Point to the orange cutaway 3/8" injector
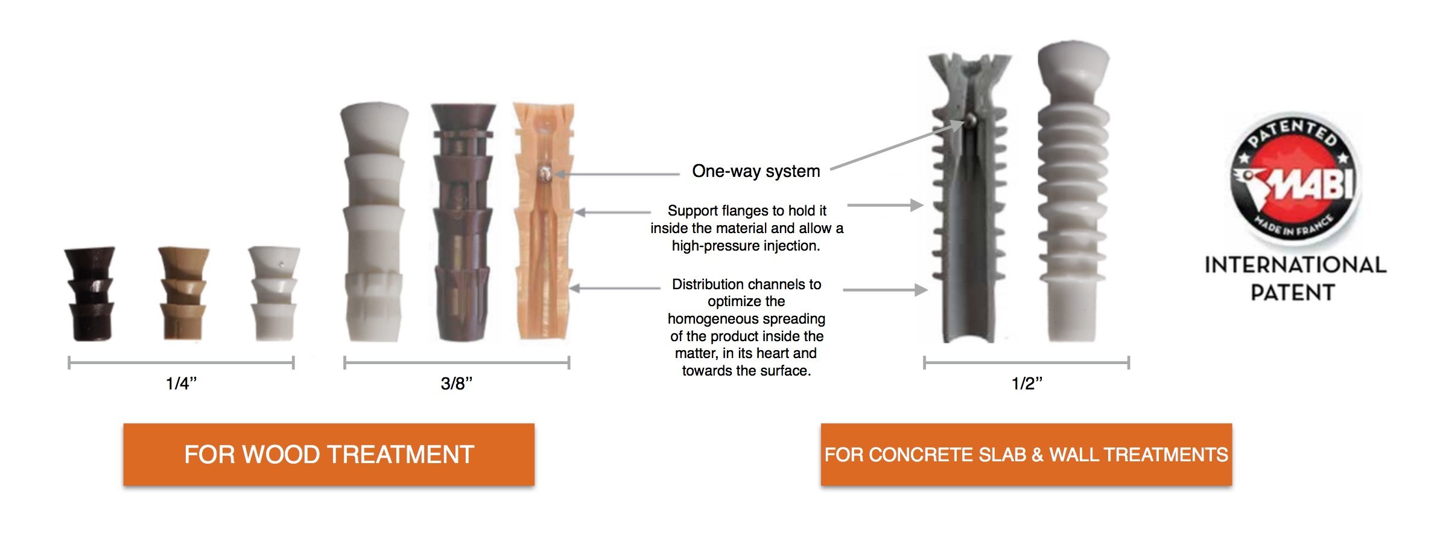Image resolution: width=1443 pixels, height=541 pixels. pos(542,223)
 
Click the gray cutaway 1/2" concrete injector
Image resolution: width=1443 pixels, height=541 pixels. pos(968,199)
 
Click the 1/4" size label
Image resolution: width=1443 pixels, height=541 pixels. pos(181,383)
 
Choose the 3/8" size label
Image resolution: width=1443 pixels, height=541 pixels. pos(456,383)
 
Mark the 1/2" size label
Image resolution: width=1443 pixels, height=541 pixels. pos(1027,383)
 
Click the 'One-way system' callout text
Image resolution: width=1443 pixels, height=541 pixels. pos(756,171)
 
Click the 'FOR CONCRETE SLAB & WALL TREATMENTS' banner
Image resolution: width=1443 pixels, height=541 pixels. pos(1026,455)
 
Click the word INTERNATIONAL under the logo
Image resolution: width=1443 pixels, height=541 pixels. pos(1295,265)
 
